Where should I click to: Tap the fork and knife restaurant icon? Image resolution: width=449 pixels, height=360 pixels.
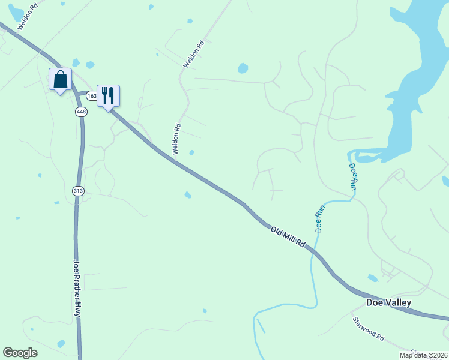click(108, 96)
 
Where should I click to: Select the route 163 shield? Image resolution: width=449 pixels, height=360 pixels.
click(91, 95)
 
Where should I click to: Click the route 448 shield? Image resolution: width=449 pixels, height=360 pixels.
click(82, 112)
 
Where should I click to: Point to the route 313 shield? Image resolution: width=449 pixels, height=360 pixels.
click(78, 191)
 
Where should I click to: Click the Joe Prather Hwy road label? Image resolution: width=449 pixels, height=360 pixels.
click(77, 287)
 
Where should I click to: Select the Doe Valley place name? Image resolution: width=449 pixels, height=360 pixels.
click(389, 302)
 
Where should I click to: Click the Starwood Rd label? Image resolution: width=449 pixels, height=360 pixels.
click(368, 329)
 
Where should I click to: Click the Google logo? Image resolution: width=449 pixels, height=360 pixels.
click(20, 353)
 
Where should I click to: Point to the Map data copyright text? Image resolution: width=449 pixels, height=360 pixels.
click(423, 355)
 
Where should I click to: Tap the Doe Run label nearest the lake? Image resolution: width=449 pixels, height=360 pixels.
click(353, 177)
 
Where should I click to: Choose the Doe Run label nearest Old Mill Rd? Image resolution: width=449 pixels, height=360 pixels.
click(319, 220)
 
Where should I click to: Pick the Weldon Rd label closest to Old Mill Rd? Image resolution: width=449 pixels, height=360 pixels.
click(176, 139)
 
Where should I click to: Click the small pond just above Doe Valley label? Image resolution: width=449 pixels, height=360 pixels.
click(373, 278)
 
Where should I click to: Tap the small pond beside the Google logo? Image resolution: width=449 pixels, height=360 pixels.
click(61, 344)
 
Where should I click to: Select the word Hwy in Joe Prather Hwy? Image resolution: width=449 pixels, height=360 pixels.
click(77, 308)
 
